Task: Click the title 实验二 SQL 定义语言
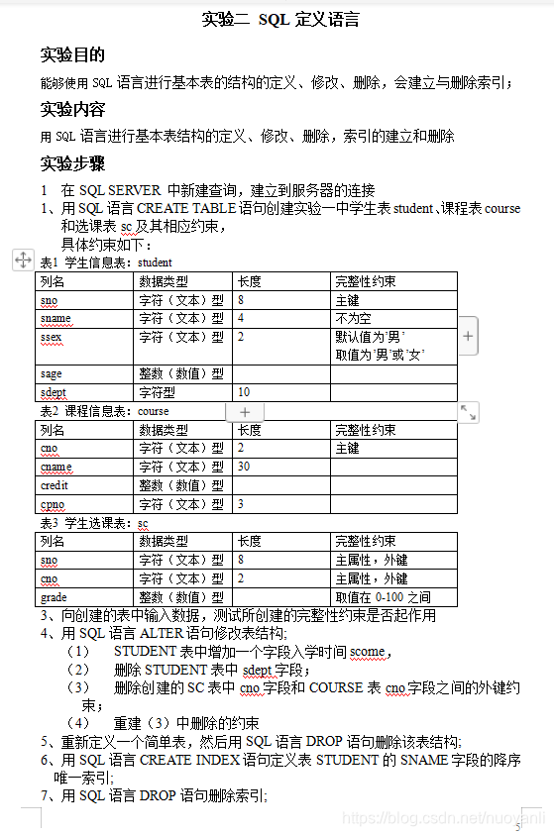coord(279,19)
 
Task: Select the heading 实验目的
coord(72,54)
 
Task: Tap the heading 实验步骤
coord(72,163)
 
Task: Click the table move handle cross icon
coord(23,261)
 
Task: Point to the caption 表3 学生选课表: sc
coord(94,523)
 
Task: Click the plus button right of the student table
coord(468,337)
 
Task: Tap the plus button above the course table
coord(245,411)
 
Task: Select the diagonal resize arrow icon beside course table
coord(468,411)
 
